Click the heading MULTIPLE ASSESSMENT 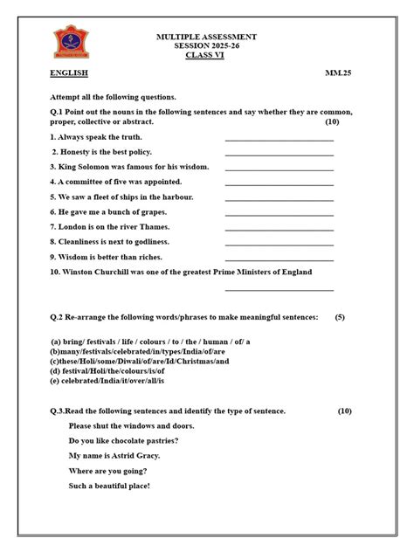(x=206, y=37)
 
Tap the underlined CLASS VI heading (x=206, y=55)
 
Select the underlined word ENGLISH (x=69, y=73)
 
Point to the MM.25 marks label (x=339, y=73)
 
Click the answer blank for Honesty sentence (x=279, y=155)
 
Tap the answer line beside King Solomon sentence (x=279, y=170)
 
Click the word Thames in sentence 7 (x=155, y=226)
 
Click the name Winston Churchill (x=103, y=272)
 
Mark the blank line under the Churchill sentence (x=279, y=290)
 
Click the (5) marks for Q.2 (x=340, y=317)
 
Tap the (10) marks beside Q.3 (x=345, y=411)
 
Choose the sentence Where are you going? (x=108, y=471)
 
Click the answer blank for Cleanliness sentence (x=279, y=245)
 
